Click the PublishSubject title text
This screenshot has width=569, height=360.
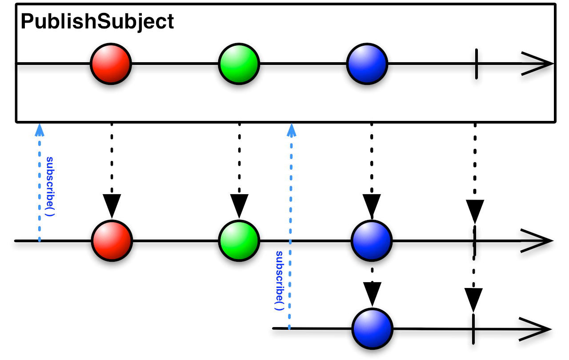pos(97,22)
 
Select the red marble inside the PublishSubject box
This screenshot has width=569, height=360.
pos(111,64)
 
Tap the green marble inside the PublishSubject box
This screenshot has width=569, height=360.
pos(239,64)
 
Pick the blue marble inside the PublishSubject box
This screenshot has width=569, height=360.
pos(367,64)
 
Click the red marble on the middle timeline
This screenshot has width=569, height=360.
pos(112,240)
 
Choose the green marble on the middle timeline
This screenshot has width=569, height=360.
pos(239,240)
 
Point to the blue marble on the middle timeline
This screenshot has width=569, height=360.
pos(372,240)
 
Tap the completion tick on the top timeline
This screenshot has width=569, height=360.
pos(476,64)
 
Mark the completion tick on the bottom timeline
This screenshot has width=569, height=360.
pos(473,329)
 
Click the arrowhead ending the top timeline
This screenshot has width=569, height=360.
pos(538,64)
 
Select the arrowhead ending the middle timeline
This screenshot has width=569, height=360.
pos(537,240)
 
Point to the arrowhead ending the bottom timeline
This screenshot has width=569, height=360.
pos(536,329)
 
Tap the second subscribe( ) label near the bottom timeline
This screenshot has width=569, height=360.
pos(279,280)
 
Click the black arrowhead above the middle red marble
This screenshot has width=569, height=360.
pos(112,205)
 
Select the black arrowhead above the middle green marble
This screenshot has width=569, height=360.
pos(239,205)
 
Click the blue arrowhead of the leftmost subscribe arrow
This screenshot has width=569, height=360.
pos(40,129)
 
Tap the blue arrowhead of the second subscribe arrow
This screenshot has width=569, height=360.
pos(292,129)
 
